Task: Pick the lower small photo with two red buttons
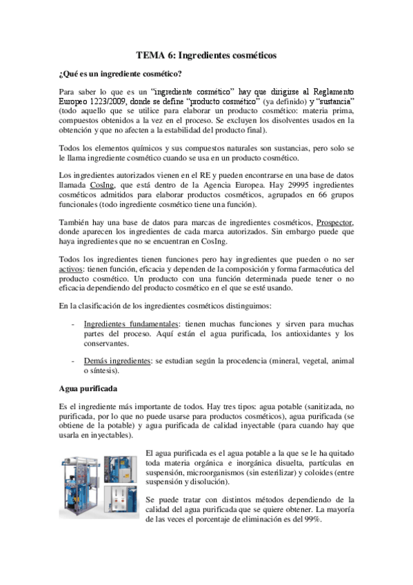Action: tap(122, 508)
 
